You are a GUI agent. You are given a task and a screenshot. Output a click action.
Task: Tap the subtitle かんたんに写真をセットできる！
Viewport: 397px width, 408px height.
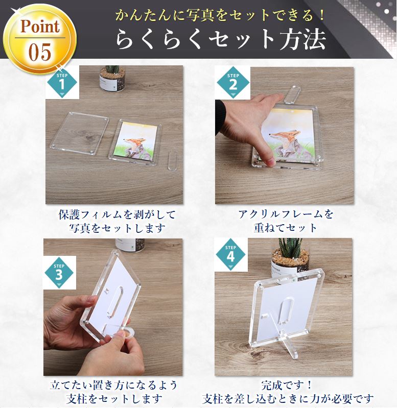(220, 15)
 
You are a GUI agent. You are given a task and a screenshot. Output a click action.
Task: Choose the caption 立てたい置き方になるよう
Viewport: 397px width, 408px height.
(114, 385)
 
